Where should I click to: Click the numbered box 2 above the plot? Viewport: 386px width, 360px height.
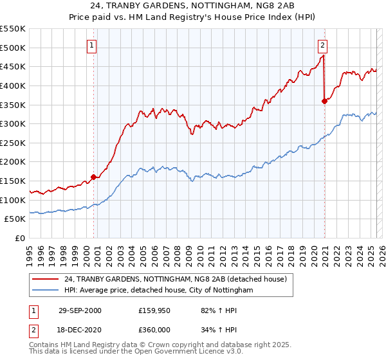coord(322,46)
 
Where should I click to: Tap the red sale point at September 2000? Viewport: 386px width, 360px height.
coord(94,177)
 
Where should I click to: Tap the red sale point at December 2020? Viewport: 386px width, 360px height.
coord(324,101)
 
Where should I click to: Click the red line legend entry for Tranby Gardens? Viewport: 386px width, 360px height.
coord(179,278)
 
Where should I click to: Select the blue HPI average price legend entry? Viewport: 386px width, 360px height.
coord(159,291)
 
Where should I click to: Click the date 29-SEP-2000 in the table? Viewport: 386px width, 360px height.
coord(79,310)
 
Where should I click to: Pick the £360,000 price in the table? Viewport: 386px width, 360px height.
coord(158,328)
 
